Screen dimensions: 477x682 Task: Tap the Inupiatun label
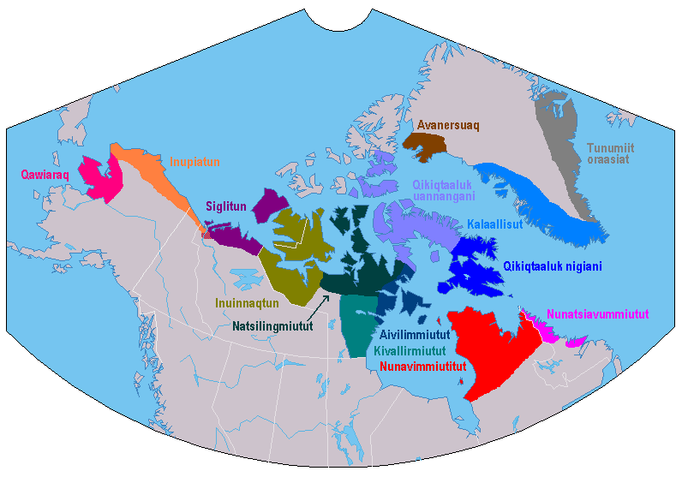(x=195, y=161)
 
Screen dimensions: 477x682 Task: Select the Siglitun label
(x=226, y=206)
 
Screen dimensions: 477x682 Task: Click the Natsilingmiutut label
(x=273, y=325)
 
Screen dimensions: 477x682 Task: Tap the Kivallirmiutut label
(x=410, y=352)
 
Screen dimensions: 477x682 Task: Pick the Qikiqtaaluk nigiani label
(x=553, y=266)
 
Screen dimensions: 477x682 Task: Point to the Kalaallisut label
(x=497, y=224)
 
